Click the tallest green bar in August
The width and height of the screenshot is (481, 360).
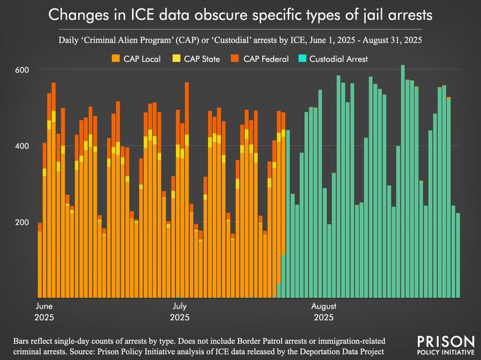click(x=403, y=180)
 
